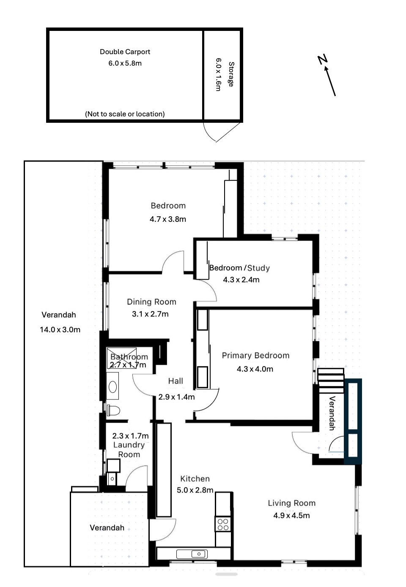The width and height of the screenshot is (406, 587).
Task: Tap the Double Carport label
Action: tap(125, 52)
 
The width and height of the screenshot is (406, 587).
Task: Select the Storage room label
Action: tap(231, 74)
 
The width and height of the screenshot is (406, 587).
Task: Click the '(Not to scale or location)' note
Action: tap(125, 114)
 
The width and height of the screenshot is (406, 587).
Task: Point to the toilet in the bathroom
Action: tap(113, 411)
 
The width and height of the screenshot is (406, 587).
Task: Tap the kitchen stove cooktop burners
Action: tap(223, 524)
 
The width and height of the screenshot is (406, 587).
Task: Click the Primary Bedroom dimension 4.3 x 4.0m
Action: tap(255, 369)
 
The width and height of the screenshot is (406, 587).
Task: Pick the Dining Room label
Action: tap(151, 302)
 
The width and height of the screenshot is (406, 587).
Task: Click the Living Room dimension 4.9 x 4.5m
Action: tap(291, 515)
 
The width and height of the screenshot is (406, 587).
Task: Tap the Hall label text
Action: tap(176, 381)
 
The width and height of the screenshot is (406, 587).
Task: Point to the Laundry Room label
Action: tap(129, 449)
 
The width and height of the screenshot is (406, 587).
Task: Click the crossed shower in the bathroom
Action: tap(121, 358)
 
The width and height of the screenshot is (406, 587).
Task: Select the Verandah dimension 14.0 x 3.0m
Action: tap(60, 330)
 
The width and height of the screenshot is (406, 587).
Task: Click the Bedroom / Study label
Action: tap(239, 268)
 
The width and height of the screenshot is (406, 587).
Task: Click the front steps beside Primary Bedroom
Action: tap(331, 380)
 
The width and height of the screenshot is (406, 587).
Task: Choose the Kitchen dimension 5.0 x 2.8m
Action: tap(195, 490)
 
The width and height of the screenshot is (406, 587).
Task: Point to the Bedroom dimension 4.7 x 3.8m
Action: tap(167, 219)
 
